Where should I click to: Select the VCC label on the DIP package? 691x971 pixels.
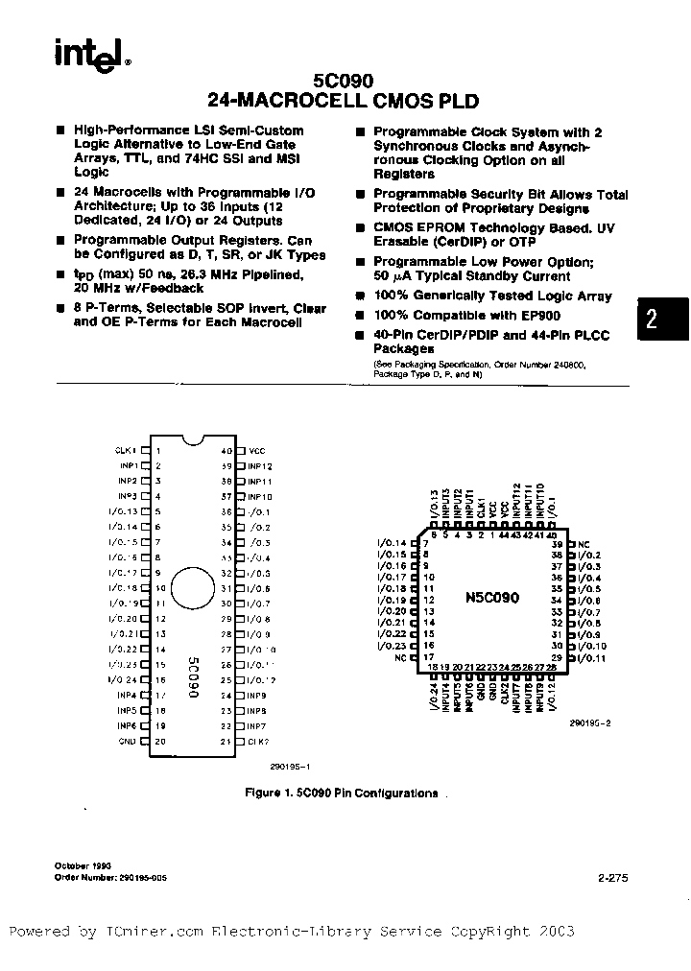[x=256, y=450]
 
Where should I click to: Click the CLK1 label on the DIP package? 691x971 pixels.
[x=128, y=450]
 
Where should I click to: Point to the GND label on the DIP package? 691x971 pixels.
[x=128, y=742]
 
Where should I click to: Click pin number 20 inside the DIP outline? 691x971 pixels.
[x=160, y=742]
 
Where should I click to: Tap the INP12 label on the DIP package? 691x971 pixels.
[x=260, y=465]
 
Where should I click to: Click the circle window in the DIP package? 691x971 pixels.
[x=192, y=588]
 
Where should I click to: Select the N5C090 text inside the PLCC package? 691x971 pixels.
[x=492, y=597]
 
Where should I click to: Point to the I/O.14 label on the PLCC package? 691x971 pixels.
[x=393, y=544]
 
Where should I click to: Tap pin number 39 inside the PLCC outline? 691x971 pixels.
[x=557, y=544]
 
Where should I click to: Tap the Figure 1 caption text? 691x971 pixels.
[x=341, y=793]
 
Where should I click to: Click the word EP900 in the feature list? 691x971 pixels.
[x=541, y=315]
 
